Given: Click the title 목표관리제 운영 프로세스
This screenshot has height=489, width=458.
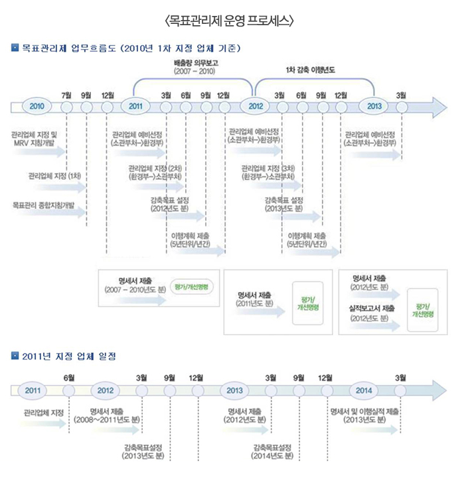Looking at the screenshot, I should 228,21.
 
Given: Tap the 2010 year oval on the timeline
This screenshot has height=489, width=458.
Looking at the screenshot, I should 37,106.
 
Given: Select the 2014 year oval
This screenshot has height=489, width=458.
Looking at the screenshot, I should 363,390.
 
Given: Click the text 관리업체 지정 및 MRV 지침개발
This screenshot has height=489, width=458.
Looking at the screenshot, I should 35,138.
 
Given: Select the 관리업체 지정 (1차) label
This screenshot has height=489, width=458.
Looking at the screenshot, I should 54,176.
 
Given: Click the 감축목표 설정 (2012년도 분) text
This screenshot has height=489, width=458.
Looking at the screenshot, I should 171,204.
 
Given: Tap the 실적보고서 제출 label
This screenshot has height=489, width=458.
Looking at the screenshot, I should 373,309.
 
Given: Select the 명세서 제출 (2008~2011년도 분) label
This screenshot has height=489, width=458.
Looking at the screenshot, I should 108,415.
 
